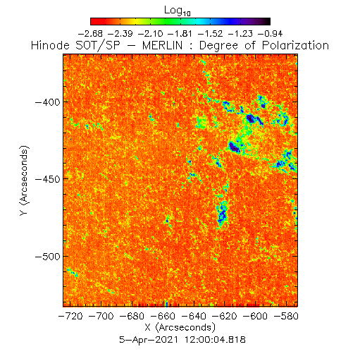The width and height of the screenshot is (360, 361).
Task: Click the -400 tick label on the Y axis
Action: pos(47,102)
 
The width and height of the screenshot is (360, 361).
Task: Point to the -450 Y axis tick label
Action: pos(47,179)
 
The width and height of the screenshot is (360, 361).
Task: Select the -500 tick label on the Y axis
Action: pos(47,257)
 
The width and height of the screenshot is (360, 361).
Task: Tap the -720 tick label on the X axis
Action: pos(70,316)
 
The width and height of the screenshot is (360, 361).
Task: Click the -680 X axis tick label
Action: pos(132,316)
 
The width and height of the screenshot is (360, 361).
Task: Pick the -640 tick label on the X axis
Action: pos(194,316)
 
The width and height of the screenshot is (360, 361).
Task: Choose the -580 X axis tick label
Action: pos(286,316)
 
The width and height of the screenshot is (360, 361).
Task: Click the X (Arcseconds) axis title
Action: pos(180,327)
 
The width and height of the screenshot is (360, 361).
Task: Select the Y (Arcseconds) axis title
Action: pos(24,180)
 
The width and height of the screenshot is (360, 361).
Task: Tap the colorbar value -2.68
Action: pos(90,34)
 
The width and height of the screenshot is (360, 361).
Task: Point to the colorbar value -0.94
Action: pos(270,34)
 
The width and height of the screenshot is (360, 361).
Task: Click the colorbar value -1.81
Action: pos(180,34)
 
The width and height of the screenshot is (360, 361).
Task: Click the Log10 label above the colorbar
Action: pos(178,11)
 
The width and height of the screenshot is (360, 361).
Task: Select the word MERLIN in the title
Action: pos(162,45)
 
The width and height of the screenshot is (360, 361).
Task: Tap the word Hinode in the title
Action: pos(50,45)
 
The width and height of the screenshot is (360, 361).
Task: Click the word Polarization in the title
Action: pos(295,45)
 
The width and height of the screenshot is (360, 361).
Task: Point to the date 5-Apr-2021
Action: pos(149,340)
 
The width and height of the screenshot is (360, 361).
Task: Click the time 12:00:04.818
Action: pos(215,340)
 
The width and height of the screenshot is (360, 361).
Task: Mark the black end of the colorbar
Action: pos(267,21)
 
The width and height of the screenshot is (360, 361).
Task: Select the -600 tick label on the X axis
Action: pos(255,316)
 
